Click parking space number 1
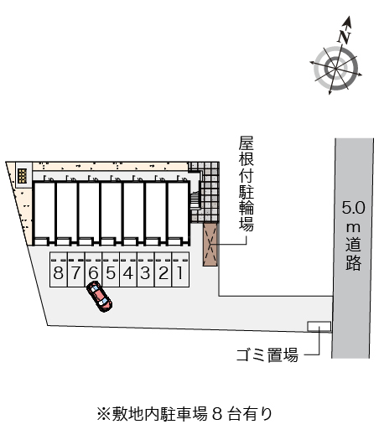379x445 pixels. coord(180,270)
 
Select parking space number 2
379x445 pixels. coord(164,270)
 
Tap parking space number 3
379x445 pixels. coord(146,270)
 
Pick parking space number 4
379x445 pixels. coord(128,270)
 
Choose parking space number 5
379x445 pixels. coord(111,270)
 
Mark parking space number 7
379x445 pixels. coord(76,270)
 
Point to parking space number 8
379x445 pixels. coord(59,270)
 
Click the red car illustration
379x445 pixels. coord(100,297)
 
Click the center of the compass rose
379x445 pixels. coord(336,69)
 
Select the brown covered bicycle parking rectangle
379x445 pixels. coord(210,245)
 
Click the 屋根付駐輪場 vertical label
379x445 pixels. coord(247,184)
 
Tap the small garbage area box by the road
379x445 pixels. coord(319,326)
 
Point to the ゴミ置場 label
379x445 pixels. coord(267,354)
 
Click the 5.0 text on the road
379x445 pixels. coord(354,208)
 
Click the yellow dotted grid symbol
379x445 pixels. coord(22,176)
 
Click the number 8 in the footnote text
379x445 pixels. coord(217,415)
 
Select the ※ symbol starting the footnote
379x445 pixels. coord(103,415)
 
